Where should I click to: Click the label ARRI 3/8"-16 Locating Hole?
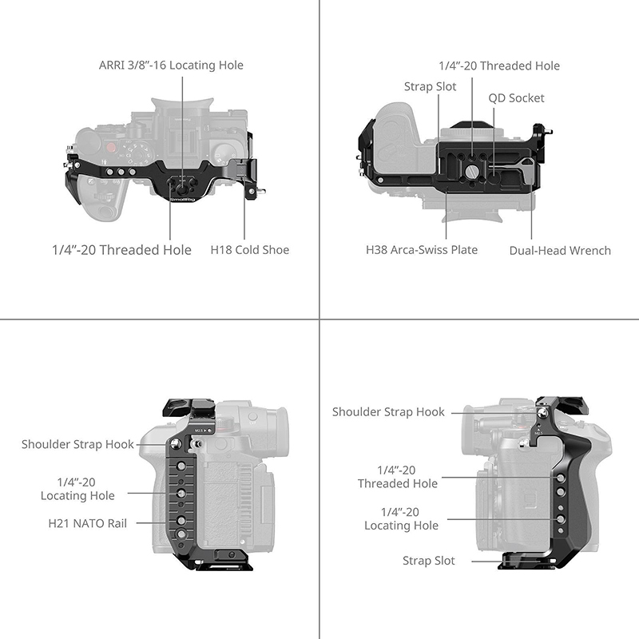pyautogui.click(x=171, y=65)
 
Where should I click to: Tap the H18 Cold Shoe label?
pyautogui.click(x=250, y=250)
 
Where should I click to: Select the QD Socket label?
pyautogui.click(x=516, y=98)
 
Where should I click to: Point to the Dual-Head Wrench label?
pyautogui.click(x=560, y=251)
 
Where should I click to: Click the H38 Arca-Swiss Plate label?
pyautogui.click(x=422, y=250)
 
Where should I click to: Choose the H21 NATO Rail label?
pyautogui.click(x=88, y=523)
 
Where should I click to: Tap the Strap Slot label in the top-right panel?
pyautogui.click(x=430, y=87)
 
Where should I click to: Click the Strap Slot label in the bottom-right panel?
pyautogui.click(x=429, y=561)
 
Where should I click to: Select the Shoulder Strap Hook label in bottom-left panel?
pyautogui.click(x=77, y=444)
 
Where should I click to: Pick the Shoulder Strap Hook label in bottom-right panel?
pyautogui.click(x=388, y=412)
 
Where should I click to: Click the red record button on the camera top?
pyautogui.click(x=110, y=148)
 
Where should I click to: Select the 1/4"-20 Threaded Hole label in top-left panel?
pyautogui.click(x=121, y=250)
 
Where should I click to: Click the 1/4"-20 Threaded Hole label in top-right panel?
pyautogui.click(x=499, y=66)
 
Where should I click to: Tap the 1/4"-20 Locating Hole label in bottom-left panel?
pyautogui.click(x=77, y=489)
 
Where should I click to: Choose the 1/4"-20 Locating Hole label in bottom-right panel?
pyautogui.click(x=401, y=518)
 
